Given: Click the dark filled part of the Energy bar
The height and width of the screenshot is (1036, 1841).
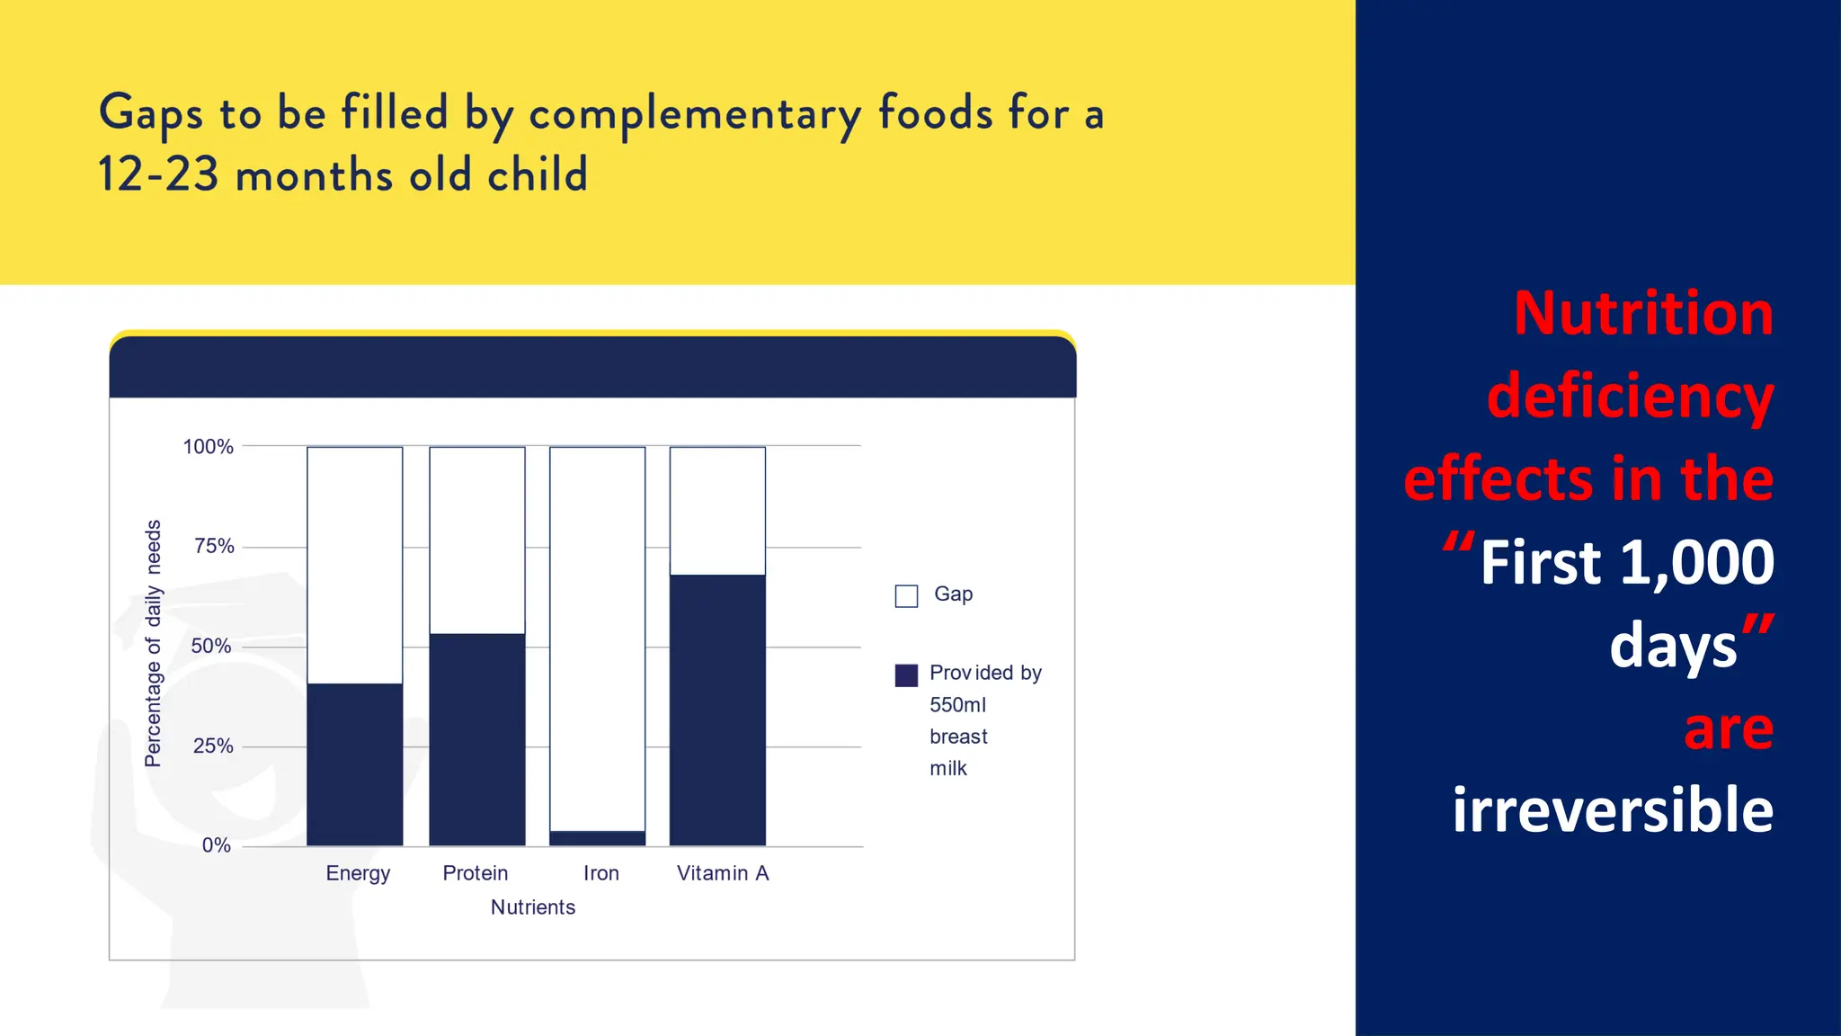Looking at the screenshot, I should pos(354,764).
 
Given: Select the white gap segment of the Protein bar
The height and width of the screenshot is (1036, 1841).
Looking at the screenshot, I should pos(476,540).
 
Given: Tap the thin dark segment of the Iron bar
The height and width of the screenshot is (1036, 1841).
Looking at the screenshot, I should pos(597,838).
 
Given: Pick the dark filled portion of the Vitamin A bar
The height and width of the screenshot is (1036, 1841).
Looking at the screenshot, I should pos(717,710).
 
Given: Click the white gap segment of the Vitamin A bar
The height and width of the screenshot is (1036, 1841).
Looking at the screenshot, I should pos(717,511).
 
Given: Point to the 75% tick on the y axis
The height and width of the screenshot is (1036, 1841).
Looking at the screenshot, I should pos(214,546).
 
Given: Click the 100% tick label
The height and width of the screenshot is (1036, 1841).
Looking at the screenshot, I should pos(208,447).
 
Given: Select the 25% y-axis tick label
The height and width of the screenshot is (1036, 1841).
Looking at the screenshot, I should pos(213,746).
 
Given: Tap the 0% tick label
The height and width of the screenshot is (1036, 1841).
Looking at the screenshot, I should pos(216,845).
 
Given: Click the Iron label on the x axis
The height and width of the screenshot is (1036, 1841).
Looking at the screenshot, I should pos(600,873).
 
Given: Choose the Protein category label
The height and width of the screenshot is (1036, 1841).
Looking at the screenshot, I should pos(475,873).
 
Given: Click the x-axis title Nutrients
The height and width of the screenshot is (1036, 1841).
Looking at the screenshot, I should pos(532,907).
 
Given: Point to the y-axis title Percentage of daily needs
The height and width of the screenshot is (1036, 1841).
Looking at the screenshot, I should pos(153,643).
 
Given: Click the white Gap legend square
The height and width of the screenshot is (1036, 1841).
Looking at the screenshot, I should pos(906,596).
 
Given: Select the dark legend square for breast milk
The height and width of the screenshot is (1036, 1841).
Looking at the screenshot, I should pos(906,674).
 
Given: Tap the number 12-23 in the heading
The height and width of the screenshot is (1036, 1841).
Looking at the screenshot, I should pos(158,174).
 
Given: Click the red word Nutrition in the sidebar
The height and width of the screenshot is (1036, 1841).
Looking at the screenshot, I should pos(1642,313).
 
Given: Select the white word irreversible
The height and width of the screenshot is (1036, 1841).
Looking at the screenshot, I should pos(1613,809).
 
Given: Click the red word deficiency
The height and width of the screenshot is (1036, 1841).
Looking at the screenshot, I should pos(1629,397).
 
